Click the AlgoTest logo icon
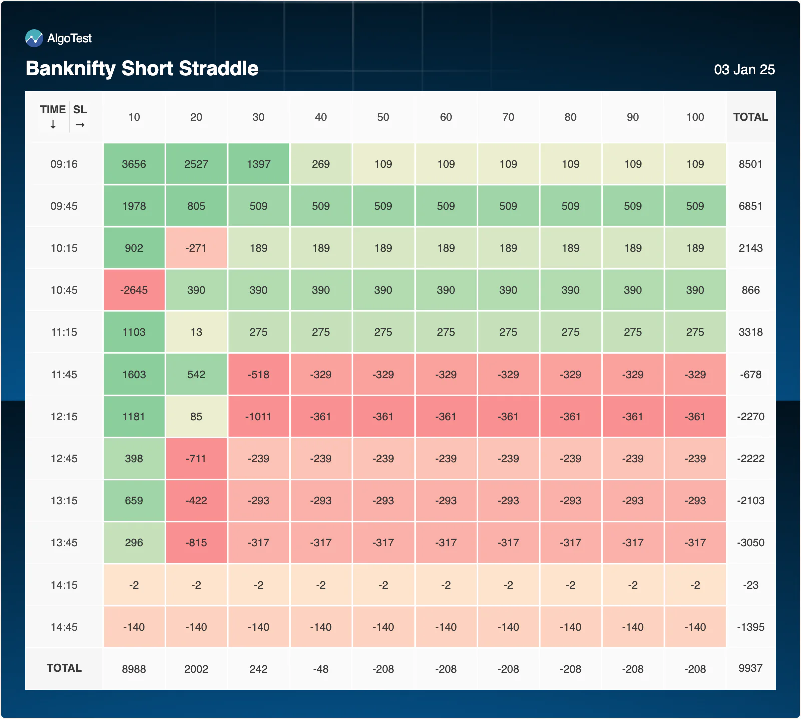34,38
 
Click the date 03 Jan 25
744,70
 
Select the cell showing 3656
134,164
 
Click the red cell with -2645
134,290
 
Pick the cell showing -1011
258,416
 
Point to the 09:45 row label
64,206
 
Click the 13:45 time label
64,543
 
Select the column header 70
508,117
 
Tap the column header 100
695,117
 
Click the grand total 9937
751,668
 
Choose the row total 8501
751,164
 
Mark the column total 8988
134,669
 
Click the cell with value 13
196,332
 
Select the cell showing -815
196,542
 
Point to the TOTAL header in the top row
751,117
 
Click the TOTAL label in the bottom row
64,668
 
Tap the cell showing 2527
196,164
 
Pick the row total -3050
751,543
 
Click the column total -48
321,669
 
